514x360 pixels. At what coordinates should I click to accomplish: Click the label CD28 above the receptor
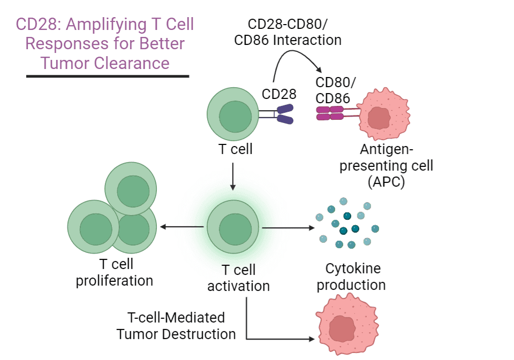[x=279, y=94]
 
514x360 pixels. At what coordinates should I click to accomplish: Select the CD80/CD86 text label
[x=336, y=90]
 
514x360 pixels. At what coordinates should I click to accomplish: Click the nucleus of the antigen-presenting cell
[x=379, y=118]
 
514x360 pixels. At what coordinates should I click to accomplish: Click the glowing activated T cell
[x=232, y=227]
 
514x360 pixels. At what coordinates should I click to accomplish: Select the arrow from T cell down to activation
[x=232, y=177]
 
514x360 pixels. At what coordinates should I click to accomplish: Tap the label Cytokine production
[x=351, y=277]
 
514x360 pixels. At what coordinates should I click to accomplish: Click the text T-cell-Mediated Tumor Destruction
[x=176, y=326]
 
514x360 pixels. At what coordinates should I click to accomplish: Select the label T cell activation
[x=238, y=278]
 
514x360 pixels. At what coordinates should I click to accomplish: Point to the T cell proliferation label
[x=115, y=272]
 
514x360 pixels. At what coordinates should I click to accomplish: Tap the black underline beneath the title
[x=108, y=76]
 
